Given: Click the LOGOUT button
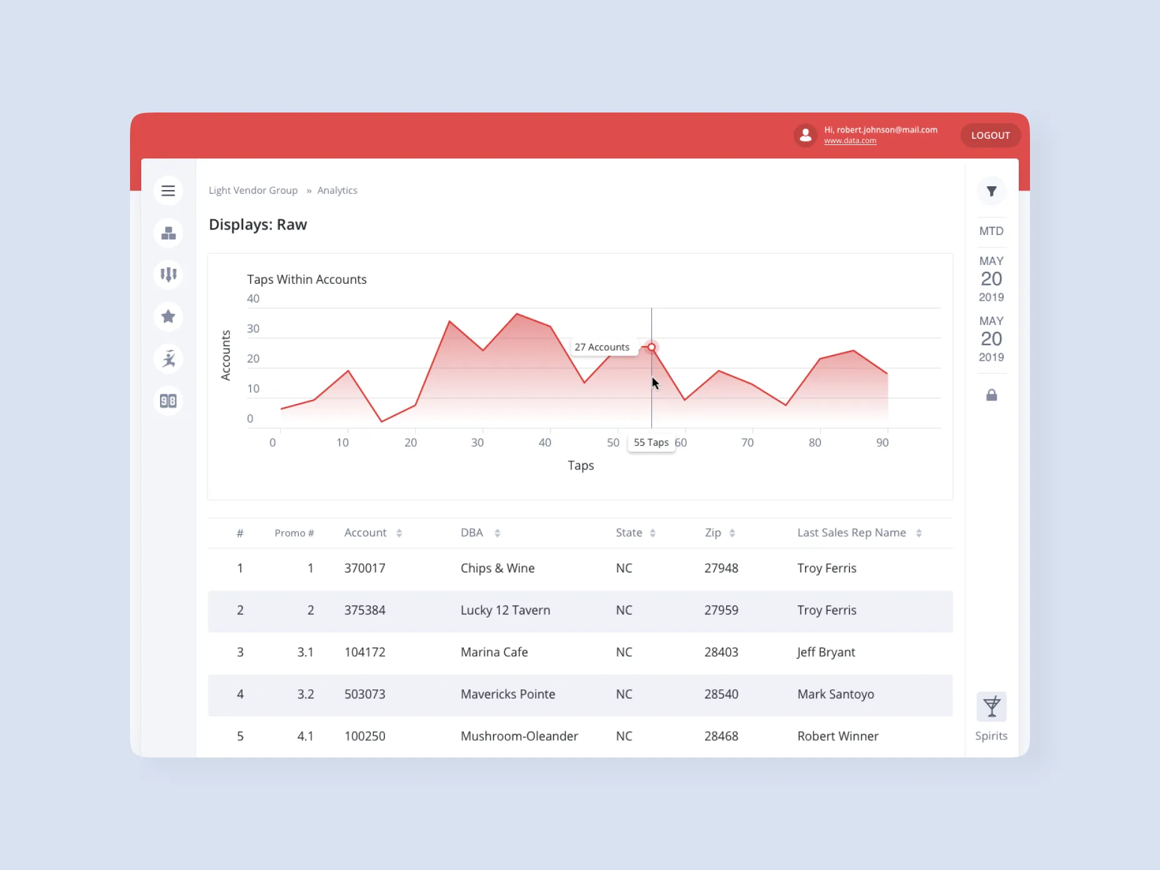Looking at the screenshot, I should pyautogui.click(x=990, y=135).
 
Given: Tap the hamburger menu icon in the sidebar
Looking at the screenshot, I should pyautogui.click(x=168, y=191).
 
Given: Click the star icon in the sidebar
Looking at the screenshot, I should pyautogui.click(x=168, y=316).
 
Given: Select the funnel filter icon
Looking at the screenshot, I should pyautogui.click(x=991, y=191).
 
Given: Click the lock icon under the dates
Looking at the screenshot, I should pyautogui.click(x=991, y=395).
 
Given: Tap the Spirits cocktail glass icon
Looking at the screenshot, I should pyautogui.click(x=991, y=707).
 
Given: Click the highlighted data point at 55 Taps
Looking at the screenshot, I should pyautogui.click(x=651, y=347).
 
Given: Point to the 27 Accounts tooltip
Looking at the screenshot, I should pyautogui.click(x=602, y=347).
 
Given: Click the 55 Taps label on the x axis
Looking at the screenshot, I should pyautogui.click(x=651, y=442).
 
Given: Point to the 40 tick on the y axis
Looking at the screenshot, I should pyautogui.click(x=253, y=299).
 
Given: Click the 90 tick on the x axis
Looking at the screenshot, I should pyautogui.click(x=882, y=442).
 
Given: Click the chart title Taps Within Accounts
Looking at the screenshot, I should pyautogui.click(x=306, y=279).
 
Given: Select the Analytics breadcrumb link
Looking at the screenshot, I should pyautogui.click(x=337, y=190).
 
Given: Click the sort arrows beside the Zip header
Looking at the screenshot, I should pyautogui.click(x=732, y=533).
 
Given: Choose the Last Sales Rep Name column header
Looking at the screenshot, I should pyautogui.click(x=851, y=532).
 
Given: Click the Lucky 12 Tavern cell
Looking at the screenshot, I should pyautogui.click(x=505, y=610).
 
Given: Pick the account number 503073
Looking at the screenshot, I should pyautogui.click(x=364, y=694).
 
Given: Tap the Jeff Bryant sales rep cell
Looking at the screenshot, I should pyautogui.click(x=826, y=652).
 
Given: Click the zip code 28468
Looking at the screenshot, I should pyautogui.click(x=721, y=736).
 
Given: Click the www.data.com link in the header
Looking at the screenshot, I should pyautogui.click(x=849, y=141).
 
